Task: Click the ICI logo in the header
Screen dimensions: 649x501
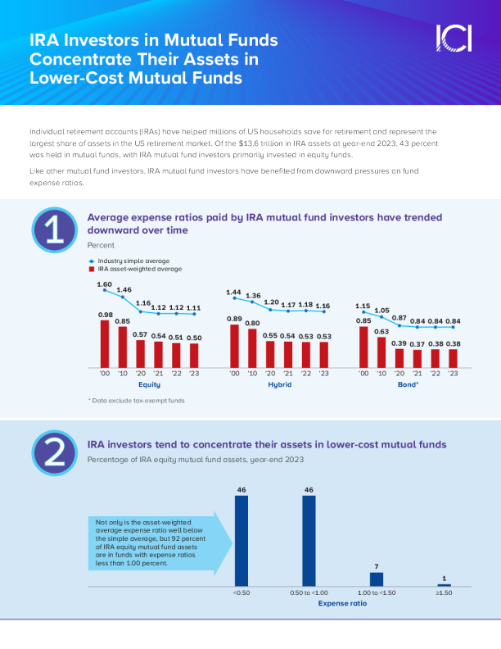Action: point(453,38)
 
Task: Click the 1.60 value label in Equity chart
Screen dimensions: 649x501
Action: point(104,284)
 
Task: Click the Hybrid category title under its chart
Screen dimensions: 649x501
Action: point(279,383)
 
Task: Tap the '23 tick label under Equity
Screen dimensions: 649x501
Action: point(193,373)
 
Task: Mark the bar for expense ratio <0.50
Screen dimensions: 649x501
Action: point(241,541)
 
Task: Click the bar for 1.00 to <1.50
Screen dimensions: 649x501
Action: point(377,579)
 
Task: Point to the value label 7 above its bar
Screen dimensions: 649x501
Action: point(377,566)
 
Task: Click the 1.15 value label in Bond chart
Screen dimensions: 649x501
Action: point(363,306)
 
